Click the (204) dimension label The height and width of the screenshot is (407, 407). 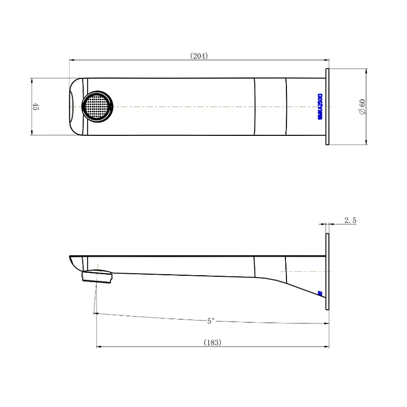point(199,56)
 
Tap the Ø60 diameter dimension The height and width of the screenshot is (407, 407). point(362,106)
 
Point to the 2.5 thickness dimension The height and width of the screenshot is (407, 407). point(350,220)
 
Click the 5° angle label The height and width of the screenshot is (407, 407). point(211,321)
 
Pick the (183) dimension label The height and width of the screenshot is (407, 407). point(212,343)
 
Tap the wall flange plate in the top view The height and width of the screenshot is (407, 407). point(328,106)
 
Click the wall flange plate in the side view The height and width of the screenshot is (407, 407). point(328,272)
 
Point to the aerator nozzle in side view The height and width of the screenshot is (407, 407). point(97,276)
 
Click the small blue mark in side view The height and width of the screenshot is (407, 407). point(319,293)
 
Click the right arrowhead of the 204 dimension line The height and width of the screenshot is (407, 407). point(327,60)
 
